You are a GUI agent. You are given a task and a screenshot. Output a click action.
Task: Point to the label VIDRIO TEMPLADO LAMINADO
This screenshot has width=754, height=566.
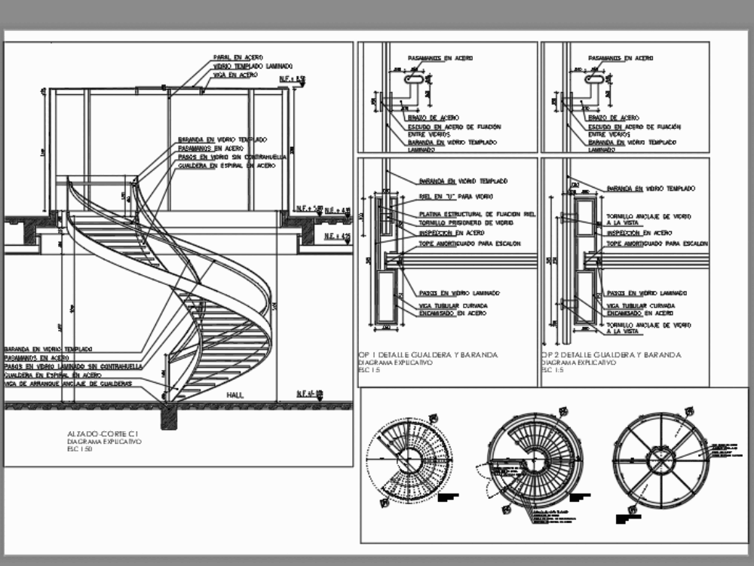tap(253, 66)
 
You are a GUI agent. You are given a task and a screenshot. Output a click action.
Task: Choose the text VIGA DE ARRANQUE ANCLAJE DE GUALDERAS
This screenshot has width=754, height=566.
tap(68, 384)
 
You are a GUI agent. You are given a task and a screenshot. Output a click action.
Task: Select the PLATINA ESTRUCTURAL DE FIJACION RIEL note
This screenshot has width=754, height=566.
tap(477, 215)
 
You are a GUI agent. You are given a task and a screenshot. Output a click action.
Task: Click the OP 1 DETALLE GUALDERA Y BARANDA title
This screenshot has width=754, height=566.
tap(428, 354)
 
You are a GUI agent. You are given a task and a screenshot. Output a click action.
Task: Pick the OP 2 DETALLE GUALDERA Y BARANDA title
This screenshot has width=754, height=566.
tap(611, 354)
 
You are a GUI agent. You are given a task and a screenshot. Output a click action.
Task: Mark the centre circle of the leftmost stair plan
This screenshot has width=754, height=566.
tap(414, 460)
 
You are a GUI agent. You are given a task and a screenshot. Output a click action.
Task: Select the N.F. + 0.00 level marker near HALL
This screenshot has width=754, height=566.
tap(309, 393)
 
